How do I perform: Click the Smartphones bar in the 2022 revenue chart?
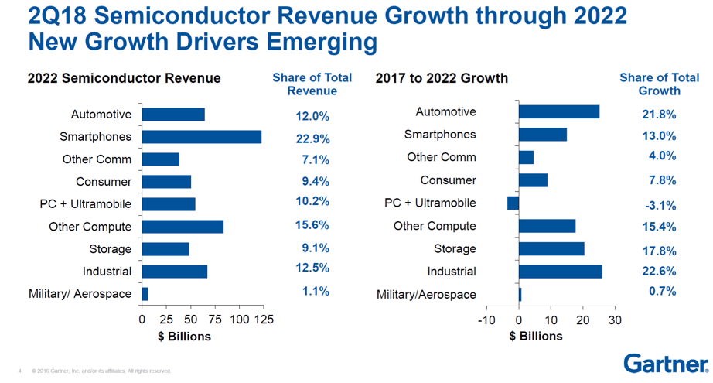[x=201, y=137]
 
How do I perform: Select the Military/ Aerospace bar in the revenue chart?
[x=145, y=294]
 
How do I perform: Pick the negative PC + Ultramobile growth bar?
[x=513, y=203]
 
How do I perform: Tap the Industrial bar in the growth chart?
[x=560, y=272]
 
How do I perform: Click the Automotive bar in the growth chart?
[x=558, y=112]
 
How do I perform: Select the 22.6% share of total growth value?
[x=659, y=272]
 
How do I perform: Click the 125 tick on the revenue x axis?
[x=264, y=320]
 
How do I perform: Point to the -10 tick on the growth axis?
[x=486, y=320]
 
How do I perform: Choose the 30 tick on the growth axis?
[x=615, y=320]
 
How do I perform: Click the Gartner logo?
[x=666, y=363]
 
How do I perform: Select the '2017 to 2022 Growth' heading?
[x=442, y=78]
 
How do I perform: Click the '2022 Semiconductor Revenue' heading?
[x=124, y=78]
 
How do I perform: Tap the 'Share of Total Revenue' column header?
[x=312, y=84]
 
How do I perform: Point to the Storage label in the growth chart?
[x=455, y=248]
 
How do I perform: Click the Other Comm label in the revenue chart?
[x=97, y=159]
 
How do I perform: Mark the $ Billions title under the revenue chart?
[x=179, y=337]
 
